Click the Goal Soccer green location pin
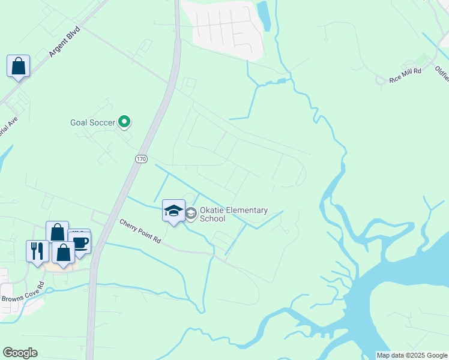(124, 122)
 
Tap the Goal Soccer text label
(92, 122)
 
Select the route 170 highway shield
(140, 158)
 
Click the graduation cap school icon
(173, 211)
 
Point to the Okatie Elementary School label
(234, 214)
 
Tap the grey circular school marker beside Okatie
(191, 214)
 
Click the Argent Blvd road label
(65, 41)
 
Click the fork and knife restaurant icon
(37, 250)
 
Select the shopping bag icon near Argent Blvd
(18, 65)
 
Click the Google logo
(20, 353)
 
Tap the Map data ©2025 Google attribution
(412, 355)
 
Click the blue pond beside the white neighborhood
(264, 16)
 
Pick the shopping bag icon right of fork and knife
(63, 252)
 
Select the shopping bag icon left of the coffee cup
(56, 231)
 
